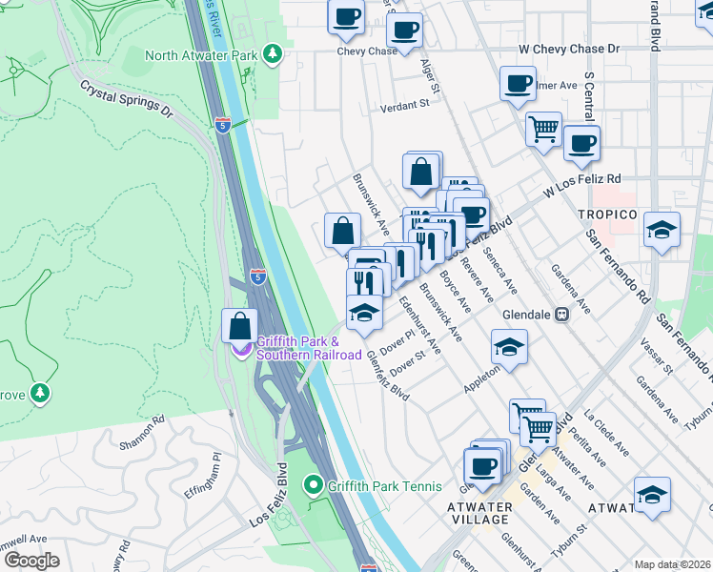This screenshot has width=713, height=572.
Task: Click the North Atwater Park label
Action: (x=201, y=55)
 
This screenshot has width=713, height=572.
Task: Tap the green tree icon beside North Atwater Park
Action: (x=274, y=53)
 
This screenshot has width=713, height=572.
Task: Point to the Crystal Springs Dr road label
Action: (x=126, y=98)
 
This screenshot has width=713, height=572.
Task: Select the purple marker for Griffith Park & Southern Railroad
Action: (x=244, y=347)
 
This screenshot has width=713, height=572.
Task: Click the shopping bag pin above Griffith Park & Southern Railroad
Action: (x=239, y=326)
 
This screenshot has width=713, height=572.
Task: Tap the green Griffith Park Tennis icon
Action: (x=313, y=486)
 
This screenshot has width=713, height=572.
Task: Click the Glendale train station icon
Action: (x=562, y=315)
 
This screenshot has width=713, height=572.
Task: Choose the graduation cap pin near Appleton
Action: (x=510, y=348)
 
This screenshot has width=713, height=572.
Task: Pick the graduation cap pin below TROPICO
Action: (x=662, y=231)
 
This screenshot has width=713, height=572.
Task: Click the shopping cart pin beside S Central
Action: (x=543, y=129)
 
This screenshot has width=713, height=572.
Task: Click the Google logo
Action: (x=31, y=561)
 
